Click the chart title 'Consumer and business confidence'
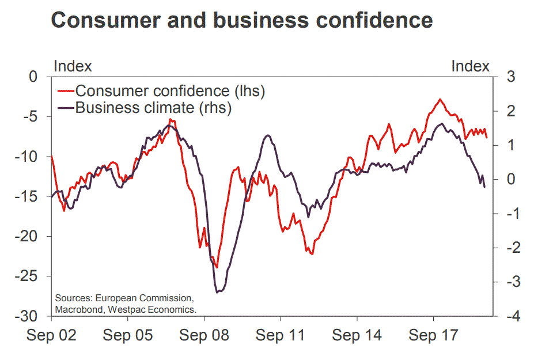click(x=242, y=20)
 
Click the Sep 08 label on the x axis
click(x=204, y=336)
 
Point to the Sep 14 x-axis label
click(x=357, y=336)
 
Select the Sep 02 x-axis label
click(x=51, y=336)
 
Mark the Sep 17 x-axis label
click(x=434, y=336)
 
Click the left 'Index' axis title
click(x=72, y=66)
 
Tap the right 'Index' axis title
click(x=471, y=66)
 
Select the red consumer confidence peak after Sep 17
click(x=440, y=100)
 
